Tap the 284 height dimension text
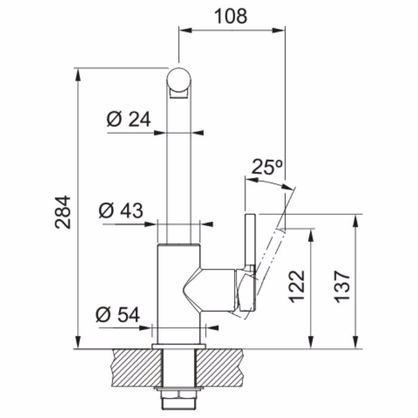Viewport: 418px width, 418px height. pyautogui.click(x=63, y=213)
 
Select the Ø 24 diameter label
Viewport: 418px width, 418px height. pyautogui.click(x=129, y=119)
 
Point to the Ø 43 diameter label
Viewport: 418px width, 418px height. pyautogui.click(x=121, y=210)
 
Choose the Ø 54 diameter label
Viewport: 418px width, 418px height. pyautogui.click(x=118, y=315)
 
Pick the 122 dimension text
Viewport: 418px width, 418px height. pyautogui.click(x=297, y=286)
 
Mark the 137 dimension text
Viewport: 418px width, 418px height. pyautogui.click(x=342, y=286)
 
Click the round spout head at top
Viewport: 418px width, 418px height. pyautogui.click(x=179, y=80)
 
